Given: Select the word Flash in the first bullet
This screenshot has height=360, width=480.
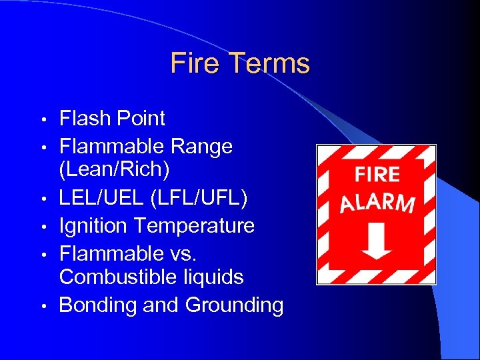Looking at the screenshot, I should coord(84,119).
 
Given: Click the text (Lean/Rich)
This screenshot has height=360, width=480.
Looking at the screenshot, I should coord(115,169).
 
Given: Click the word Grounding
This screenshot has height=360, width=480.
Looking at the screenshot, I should coord(234,305).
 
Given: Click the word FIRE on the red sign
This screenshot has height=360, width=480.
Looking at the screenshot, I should coord(377,175).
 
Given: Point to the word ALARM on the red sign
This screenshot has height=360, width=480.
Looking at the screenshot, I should coord(377,203).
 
